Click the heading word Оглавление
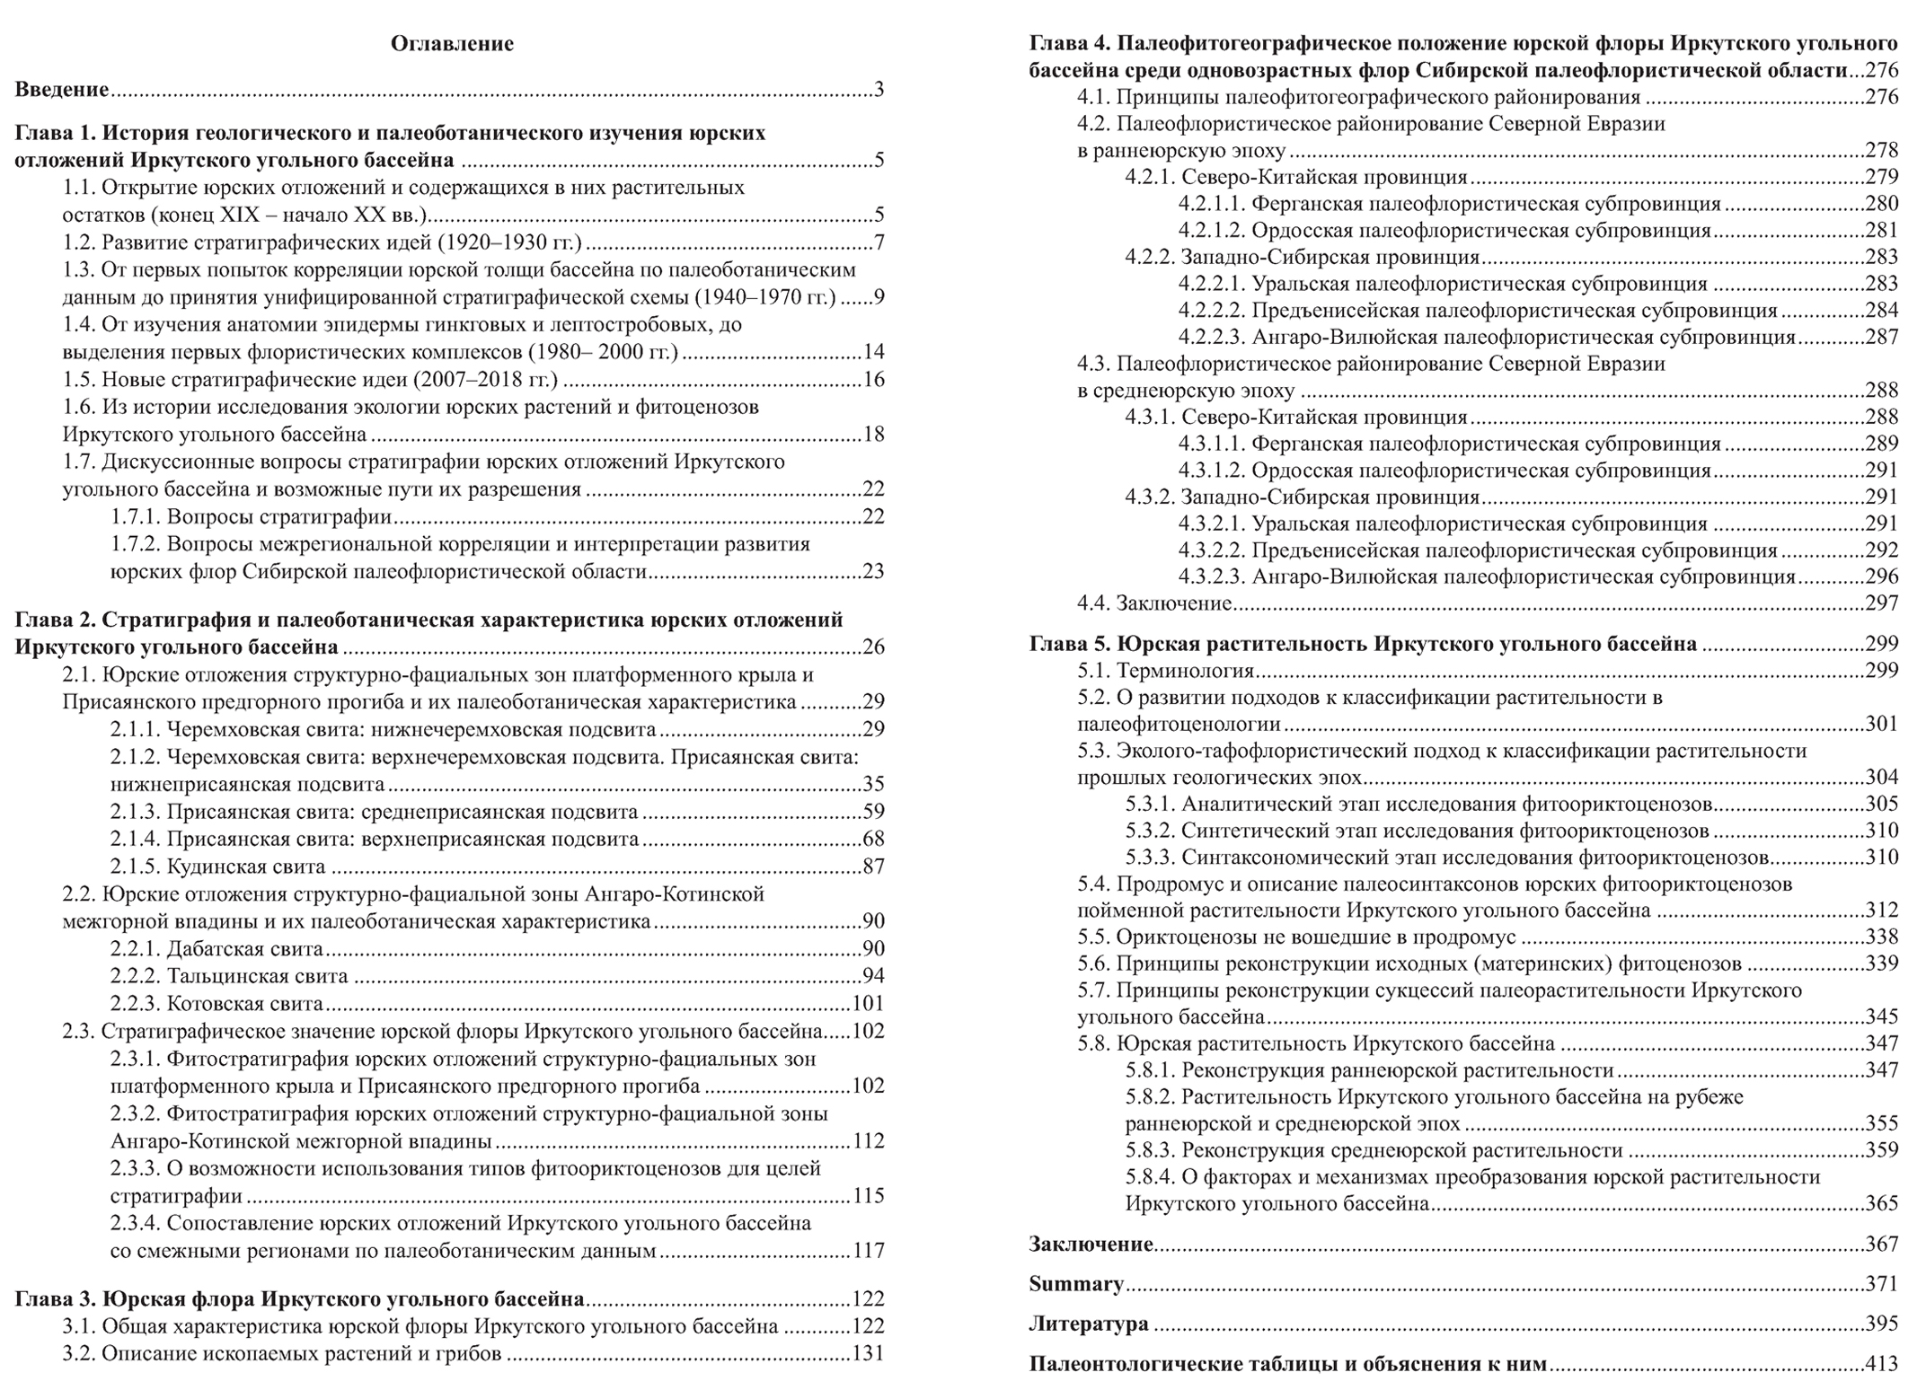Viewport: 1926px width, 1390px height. click(x=452, y=43)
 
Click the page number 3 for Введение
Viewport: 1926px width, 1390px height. click(x=879, y=89)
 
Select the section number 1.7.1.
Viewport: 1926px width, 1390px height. click(x=136, y=517)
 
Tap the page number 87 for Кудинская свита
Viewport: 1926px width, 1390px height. click(x=873, y=867)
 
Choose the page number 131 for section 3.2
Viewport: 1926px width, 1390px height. click(x=868, y=1353)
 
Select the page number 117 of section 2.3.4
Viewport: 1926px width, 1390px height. click(x=868, y=1250)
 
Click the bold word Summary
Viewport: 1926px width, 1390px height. click(x=1075, y=1284)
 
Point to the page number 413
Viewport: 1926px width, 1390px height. click(x=1881, y=1364)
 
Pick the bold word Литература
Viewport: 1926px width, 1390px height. click(x=1088, y=1324)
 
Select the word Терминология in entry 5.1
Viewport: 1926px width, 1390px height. click(x=1185, y=671)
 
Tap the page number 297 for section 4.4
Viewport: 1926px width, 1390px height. click(x=1881, y=603)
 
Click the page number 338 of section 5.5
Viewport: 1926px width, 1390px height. click(x=1881, y=937)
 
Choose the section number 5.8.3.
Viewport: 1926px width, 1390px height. click(x=1151, y=1150)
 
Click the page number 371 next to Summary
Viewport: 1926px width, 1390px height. click(x=1881, y=1284)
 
